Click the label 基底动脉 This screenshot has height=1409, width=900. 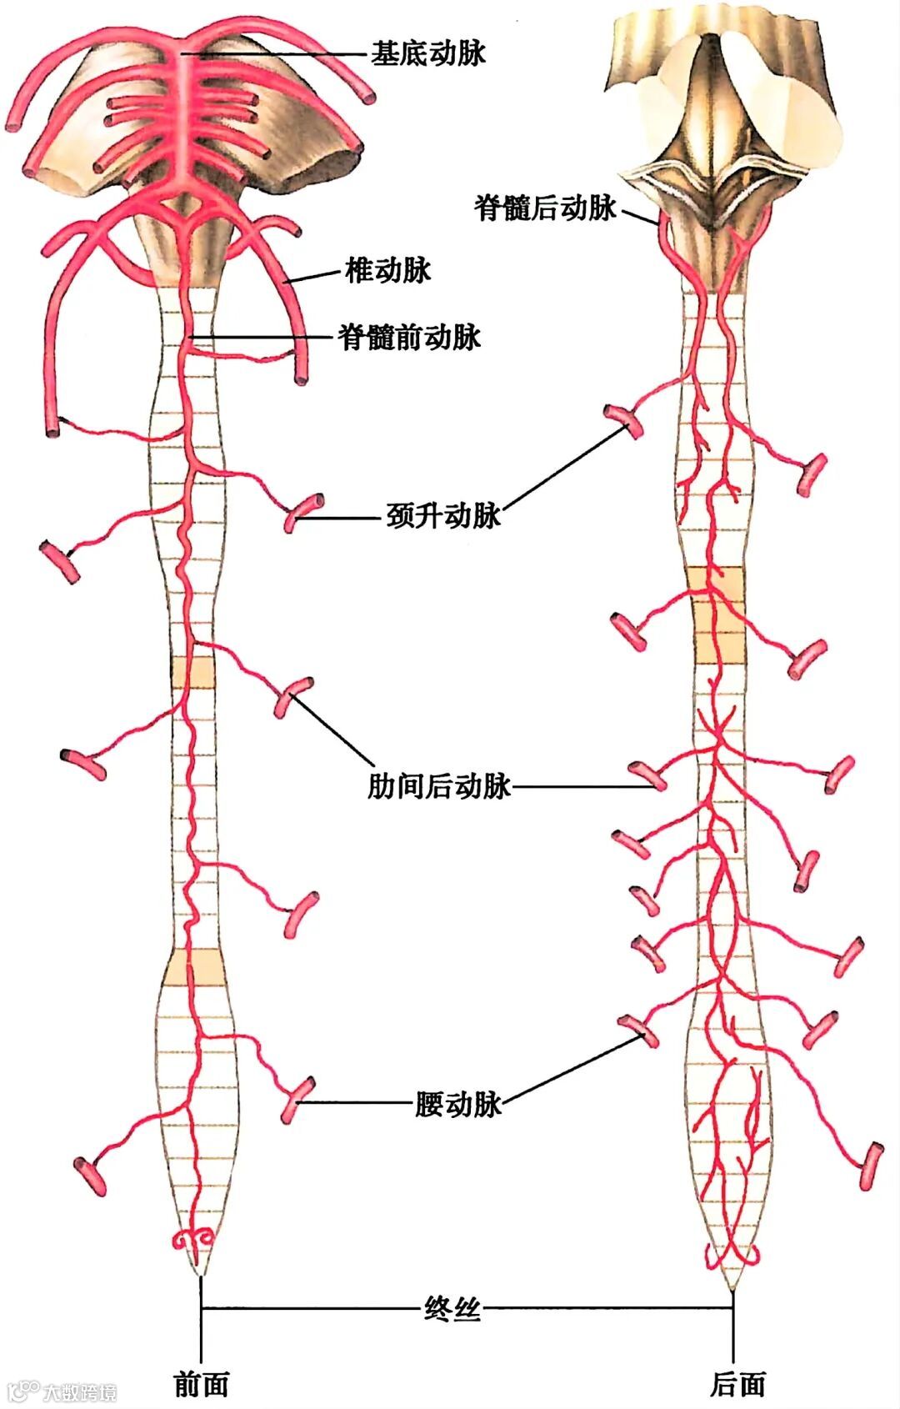427,54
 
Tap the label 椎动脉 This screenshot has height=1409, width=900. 387,270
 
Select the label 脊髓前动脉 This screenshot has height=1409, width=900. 409,337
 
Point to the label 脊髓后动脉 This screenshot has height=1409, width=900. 546,208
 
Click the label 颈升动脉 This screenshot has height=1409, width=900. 443,516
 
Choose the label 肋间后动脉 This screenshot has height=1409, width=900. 439,786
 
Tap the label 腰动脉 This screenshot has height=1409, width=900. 458,1104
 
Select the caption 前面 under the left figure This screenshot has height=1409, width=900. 201,1384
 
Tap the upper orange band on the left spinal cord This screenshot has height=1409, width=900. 193,672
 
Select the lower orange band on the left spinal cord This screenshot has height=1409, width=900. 194,967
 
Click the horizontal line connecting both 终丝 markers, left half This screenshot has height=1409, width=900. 308,1309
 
